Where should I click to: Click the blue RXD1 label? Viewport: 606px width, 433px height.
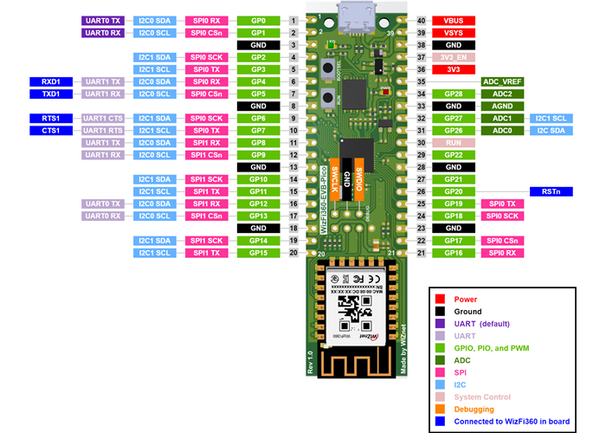click(x=50, y=81)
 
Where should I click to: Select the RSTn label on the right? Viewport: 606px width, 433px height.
click(x=552, y=191)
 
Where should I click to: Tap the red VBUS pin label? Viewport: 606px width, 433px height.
click(x=454, y=20)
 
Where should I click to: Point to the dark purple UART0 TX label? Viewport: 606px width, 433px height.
click(x=104, y=20)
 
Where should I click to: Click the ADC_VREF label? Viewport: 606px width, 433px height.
click(x=504, y=81)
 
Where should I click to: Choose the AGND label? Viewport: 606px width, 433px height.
click(x=503, y=106)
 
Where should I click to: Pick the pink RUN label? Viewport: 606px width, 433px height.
click(x=454, y=142)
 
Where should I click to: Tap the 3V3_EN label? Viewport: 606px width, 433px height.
click(x=454, y=56)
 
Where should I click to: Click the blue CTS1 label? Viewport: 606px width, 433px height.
click(x=50, y=130)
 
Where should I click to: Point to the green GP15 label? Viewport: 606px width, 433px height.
click(x=257, y=253)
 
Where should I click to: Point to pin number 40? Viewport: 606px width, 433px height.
click(x=421, y=20)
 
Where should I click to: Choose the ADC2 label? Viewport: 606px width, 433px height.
click(x=503, y=94)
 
